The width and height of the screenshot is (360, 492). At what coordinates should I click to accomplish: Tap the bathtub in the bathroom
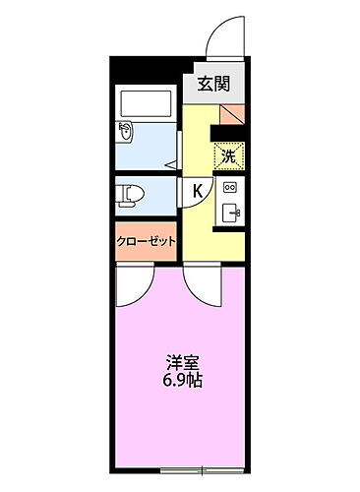145,104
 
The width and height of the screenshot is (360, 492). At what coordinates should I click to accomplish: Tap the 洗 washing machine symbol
228,155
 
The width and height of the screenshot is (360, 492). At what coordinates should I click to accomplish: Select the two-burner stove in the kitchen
231,187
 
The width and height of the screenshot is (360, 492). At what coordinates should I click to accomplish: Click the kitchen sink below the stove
232,211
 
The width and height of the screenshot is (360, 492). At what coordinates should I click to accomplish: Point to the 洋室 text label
177,361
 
